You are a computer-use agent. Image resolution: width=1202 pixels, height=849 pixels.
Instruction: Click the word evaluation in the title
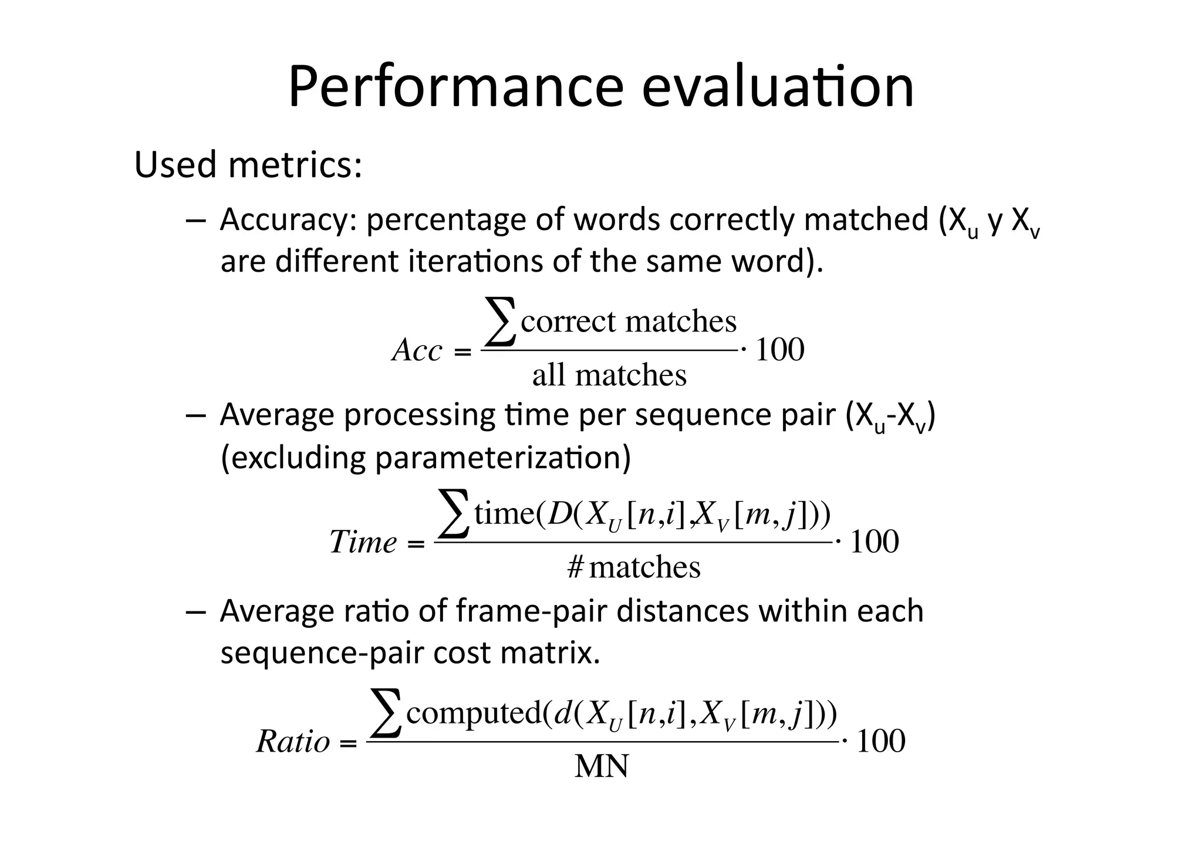778,88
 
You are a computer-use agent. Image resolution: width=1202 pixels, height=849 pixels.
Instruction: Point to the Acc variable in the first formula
417,351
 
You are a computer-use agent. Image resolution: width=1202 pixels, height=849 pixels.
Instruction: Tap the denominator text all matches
609,376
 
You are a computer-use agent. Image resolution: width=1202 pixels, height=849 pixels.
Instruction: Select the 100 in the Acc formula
779,350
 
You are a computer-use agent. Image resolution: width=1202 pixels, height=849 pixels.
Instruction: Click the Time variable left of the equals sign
363,542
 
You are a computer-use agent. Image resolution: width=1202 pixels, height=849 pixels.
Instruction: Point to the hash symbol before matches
575,567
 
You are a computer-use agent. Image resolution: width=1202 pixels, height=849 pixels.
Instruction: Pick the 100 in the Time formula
874,542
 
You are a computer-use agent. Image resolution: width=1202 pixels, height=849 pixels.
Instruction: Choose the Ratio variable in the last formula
293,742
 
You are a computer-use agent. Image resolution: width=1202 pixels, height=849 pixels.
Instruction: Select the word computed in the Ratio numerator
472,713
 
